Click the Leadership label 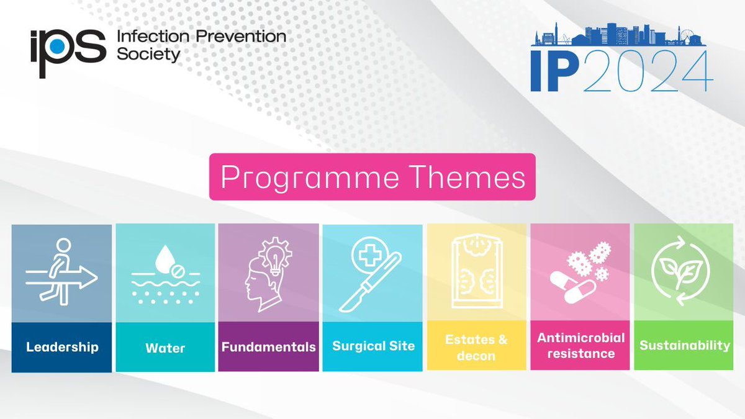tap(62, 346)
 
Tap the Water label tap(165, 348)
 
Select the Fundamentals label tap(268, 346)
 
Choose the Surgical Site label tap(373, 346)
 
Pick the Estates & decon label tap(476, 348)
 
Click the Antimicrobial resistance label tap(581, 346)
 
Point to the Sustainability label tap(685, 345)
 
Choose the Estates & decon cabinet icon tap(477, 273)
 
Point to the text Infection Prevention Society tap(201, 45)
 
